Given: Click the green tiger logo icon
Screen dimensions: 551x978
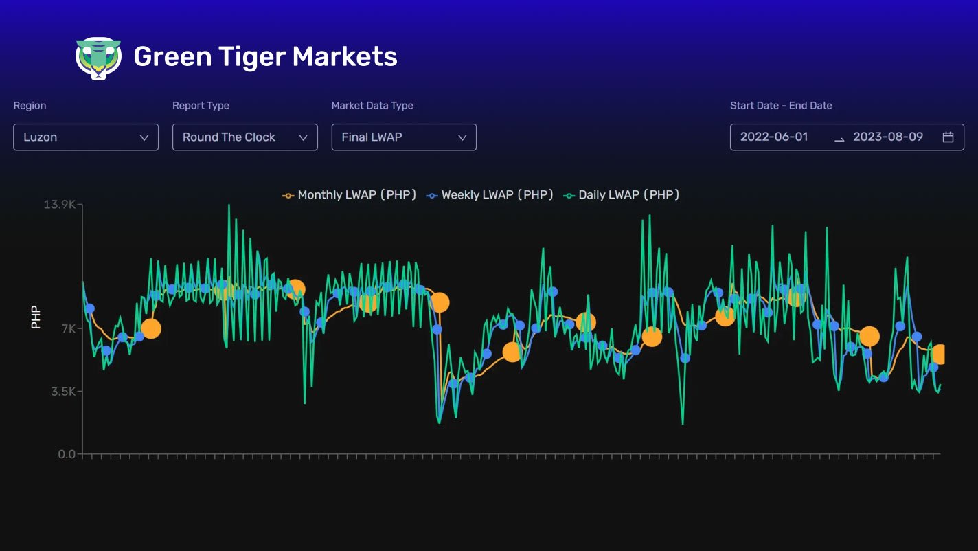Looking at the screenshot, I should [x=98, y=58].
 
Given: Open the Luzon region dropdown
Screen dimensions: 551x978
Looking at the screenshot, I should [x=86, y=137].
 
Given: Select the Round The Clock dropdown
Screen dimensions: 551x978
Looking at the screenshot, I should [x=244, y=137].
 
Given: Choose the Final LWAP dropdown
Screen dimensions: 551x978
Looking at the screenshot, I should [x=404, y=137].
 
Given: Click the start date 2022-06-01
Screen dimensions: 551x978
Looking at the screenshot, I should [x=774, y=137].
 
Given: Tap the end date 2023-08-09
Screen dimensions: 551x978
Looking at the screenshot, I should [x=887, y=137].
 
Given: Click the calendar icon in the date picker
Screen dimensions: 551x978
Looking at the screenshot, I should [x=948, y=137].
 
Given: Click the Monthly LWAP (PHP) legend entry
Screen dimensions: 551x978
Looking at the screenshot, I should [x=350, y=195].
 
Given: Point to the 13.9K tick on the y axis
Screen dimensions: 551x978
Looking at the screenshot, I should [x=59, y=205].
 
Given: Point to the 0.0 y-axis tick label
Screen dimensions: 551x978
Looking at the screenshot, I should [x=67, y=454].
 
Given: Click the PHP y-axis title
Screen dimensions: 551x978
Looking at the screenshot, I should [x=36, y=317].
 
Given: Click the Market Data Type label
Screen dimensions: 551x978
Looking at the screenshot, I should [x=372, y=106].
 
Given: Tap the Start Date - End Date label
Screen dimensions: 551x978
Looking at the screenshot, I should [x=781, y=106].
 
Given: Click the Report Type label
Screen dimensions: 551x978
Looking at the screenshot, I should [x=201, y=106].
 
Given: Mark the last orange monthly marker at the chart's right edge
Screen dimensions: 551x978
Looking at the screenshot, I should [x=940, y=355].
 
